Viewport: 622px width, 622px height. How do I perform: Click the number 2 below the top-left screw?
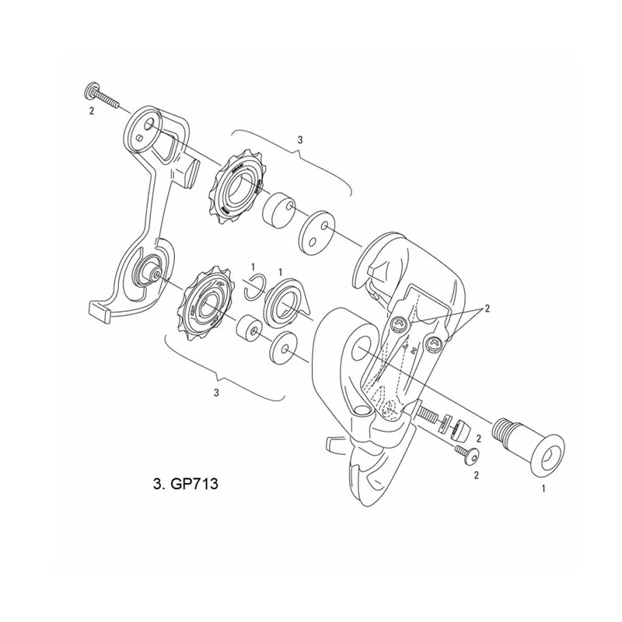(x=91, y=112)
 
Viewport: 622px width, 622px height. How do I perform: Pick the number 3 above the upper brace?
(x=300, y=139)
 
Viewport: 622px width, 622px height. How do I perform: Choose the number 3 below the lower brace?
(x=216, y=393)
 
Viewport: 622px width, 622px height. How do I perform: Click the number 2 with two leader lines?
(x=487, y=308)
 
